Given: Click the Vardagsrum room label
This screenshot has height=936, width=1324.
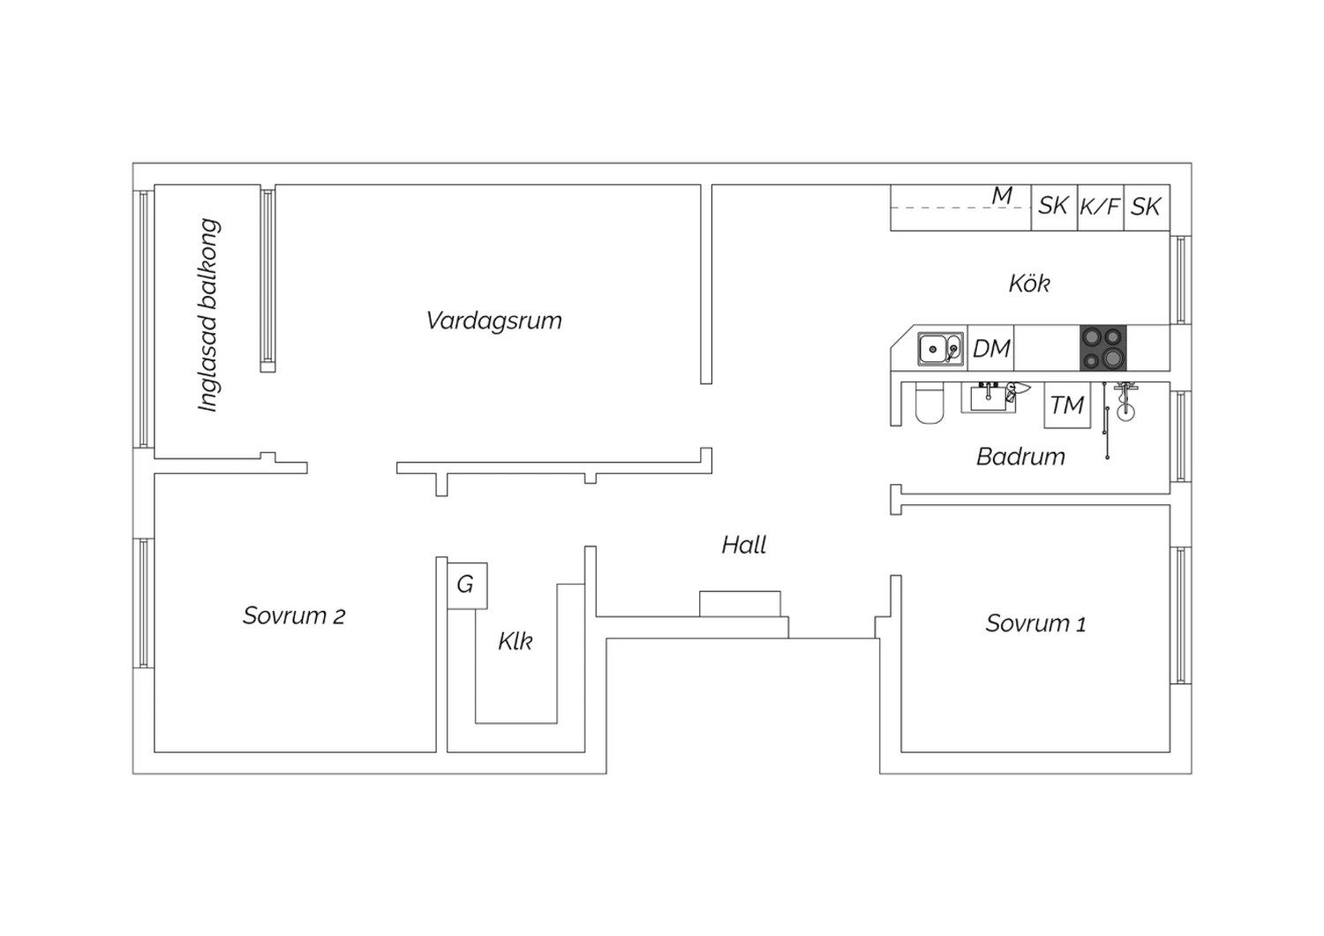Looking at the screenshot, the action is [493, 321].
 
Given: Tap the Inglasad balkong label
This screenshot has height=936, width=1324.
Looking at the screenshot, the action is [208, 315].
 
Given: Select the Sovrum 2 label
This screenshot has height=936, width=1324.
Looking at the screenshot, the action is [294, 616].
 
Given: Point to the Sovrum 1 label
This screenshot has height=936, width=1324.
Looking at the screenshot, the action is [1035, 623].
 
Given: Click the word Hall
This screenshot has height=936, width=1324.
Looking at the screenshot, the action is [743, 545].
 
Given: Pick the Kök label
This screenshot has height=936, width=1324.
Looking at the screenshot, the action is [1029, 283].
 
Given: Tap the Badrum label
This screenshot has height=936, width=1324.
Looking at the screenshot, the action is [1020, 457].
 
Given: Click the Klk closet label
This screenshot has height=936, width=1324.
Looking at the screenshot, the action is [515, 641].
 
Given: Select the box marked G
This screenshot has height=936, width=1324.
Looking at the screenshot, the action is [467, 585].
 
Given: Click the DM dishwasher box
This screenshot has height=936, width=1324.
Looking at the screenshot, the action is [990, 348].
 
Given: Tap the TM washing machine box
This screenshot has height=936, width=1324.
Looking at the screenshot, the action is [1067, 405].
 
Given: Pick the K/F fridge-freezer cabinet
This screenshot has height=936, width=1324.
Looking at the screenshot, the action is [1100, 207].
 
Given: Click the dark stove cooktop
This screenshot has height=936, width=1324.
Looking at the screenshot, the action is [1103, 348].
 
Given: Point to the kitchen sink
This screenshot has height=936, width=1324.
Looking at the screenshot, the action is [940, 348].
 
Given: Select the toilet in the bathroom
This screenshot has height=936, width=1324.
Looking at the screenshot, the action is [929, 404].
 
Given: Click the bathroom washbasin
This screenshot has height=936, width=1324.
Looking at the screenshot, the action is [989, 397].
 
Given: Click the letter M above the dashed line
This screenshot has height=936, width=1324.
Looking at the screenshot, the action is [1002, 195].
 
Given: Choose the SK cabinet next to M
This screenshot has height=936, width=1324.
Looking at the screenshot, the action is [1054, 207].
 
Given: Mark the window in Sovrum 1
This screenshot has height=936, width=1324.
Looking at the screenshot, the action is [1180, 615].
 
